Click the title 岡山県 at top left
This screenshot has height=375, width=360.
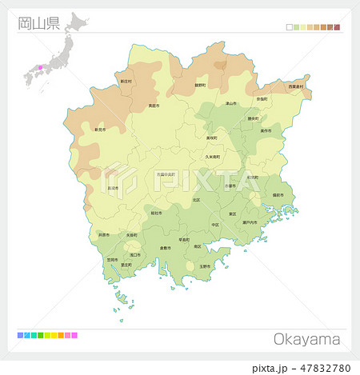tap(38, 22)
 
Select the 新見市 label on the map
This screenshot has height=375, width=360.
tap(100, 130)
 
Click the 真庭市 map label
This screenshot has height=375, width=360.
tap(153, 106)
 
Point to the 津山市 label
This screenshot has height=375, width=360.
tap(230, 103)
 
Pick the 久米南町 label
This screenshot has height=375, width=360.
tap(213, 158)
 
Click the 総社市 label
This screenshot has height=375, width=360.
tap(156, 213)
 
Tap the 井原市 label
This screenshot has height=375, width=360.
tap(104, 235)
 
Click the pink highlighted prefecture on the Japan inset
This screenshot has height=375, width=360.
tap(36, 67)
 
